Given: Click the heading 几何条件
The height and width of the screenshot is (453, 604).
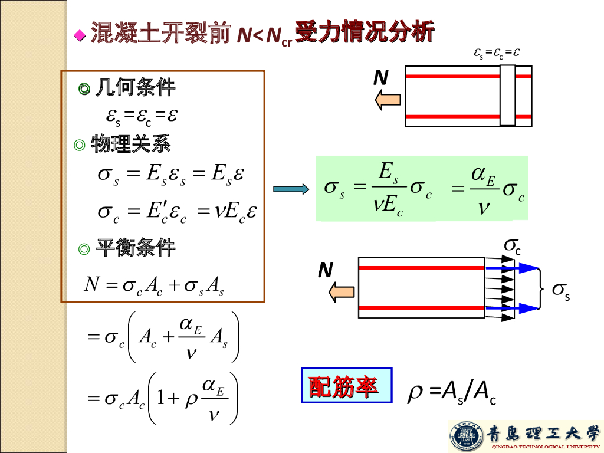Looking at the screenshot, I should click(135, 88).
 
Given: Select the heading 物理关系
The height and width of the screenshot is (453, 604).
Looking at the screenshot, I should click(131, 144).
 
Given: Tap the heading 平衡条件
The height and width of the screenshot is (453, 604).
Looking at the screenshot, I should click(135, 248).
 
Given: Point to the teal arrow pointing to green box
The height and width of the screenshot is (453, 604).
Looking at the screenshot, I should click(291, 189).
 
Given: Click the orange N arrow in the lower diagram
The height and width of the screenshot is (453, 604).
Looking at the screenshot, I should click(342, 291).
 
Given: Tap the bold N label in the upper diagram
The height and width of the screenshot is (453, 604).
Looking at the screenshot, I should click(381, 77).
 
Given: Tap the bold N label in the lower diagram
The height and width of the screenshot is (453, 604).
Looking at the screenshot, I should click(326, 270).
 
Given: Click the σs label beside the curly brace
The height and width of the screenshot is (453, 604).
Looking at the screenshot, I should click(560, 290).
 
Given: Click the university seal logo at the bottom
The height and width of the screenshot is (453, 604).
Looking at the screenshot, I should click(466, 436).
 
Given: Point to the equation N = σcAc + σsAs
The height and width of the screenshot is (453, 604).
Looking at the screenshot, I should click(155, 285).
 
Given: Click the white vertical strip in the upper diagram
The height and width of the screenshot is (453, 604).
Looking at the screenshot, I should click(507, 96).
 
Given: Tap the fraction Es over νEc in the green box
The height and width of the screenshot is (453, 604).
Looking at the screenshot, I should click(388, 189).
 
